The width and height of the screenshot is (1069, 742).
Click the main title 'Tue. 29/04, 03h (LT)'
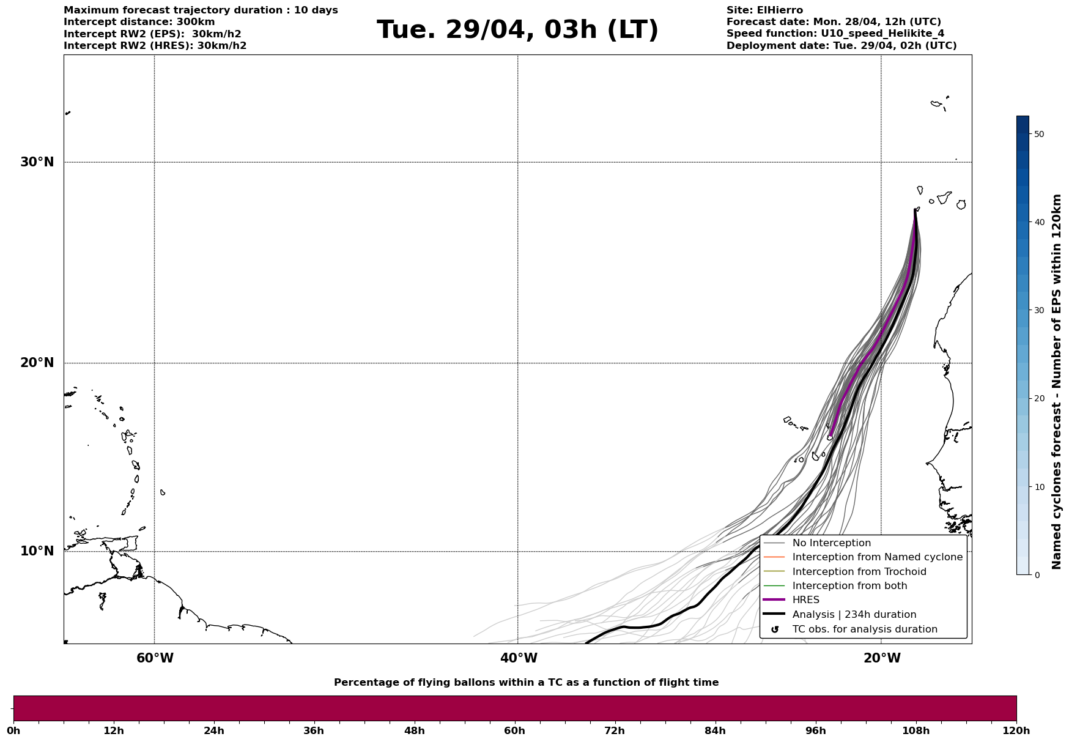517,30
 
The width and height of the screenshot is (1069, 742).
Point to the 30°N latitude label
37,162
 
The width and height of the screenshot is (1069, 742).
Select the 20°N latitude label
37,363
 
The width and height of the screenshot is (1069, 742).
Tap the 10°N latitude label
37,551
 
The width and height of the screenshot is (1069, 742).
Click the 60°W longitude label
155,658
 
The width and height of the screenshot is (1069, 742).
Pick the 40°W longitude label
519,658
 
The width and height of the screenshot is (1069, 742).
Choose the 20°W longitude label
882,658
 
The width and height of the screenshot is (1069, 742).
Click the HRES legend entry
805,600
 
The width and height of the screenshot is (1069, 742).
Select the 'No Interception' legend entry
831,543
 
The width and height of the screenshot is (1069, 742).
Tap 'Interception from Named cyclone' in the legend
877,557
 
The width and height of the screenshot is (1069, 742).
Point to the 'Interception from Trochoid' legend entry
859,572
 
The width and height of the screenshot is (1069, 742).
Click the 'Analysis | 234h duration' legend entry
854,615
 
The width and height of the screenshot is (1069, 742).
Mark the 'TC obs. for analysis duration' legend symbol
775,629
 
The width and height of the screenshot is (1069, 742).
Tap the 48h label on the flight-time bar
414,731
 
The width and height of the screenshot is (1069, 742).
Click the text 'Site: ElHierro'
764,10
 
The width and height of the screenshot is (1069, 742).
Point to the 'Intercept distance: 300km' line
139,22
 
